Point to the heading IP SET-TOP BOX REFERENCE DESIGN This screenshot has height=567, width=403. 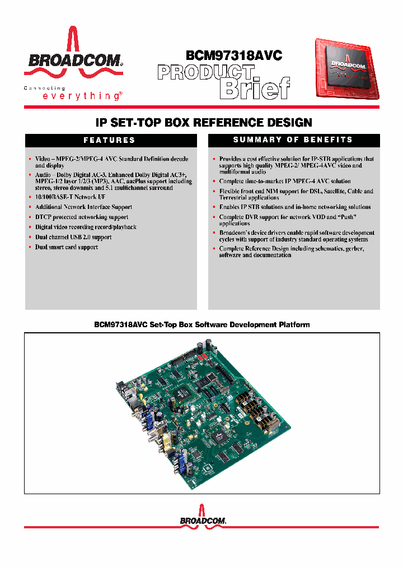click(x=201, y=122)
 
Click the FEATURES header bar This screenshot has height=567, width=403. click(x=110, y=140)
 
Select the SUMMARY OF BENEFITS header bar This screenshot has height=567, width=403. click(x=293, y=140)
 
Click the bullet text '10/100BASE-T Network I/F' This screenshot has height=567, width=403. click(x=70, y=197)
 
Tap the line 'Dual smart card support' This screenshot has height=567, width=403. click(x=67, y=247)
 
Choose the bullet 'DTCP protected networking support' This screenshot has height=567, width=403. click(x=82, y=217)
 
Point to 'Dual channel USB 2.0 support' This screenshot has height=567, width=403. click(x=73, y=237)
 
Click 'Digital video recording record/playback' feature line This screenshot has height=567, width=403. click(x=86, y=227)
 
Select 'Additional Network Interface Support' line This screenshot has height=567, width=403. click(x=83, y=207)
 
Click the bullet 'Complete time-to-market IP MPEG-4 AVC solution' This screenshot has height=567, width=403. click(x=285, y=181)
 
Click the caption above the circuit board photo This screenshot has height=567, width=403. click(x=201, y=324)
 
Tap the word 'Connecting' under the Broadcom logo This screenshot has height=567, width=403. click(x=44, y=88)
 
